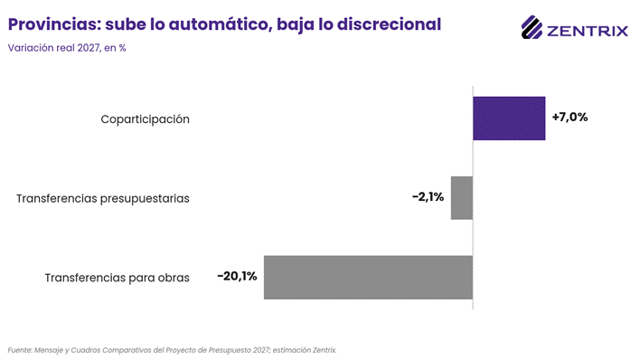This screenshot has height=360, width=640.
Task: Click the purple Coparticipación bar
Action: pyautogui.click(x=509, y=118)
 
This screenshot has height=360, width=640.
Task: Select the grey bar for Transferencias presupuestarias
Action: pyautogui.click(x=462, y=198)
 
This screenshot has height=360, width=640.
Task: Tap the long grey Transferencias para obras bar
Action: pyautogui.click(x=368, y=278)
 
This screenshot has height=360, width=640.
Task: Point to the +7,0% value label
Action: pyautogui.click(x=569, y=118)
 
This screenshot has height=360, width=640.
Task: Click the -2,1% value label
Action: pyautogui.click(x=428, y=197)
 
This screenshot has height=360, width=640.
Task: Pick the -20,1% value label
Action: pyautogui.click(x=237, y=276)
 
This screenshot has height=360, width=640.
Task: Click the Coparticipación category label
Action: pyautogui.click(x=145, y=119)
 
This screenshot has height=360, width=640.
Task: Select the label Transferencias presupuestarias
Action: pyautogui.click(x=103, y=199)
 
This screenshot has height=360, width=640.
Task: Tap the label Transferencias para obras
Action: pyautogui.click(x=118, y=278)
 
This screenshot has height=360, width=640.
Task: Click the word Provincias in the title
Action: pyautogui.click(x=54, y=24)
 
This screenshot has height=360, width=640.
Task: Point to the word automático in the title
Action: pyautogui.click(x=221, y=24)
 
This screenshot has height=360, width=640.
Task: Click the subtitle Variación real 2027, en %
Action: pyautogui.click(x=67, y=48)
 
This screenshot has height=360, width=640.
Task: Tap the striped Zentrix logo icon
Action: pyautogui.click(x=532, y=27)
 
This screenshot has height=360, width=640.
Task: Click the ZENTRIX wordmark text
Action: pyautogui.click(x=588, y=31)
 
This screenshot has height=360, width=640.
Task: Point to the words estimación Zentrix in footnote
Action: pyautogui.click(x=305, y=350)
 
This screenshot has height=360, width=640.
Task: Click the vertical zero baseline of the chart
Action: pyautogui.click(x=473, y=198)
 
